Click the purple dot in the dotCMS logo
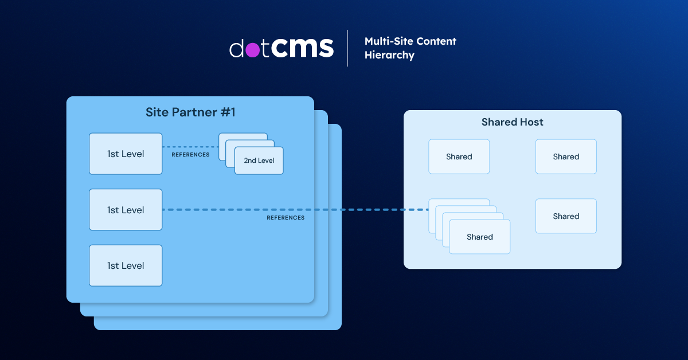pyautogui.click(x=252, y=50)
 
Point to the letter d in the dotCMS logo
pyautogui.click(x=237, y=48)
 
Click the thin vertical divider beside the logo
pyautogui.click(x=347, y=48)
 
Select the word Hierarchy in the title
pyautogui.click(x=389, y=56)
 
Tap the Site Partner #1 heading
pyautogui.click(x=190, y=112)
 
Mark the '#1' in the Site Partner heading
pyautogui.click(x=228, y=112)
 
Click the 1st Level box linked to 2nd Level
pyautogui.click(x=126, y=154)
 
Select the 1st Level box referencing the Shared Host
pyautogui.click(x=126, y=210)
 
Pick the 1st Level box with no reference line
pyautogui.click(x=126, y=265)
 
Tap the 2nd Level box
pyautogui.click(x=259, y=161)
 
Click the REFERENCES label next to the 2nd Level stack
pyautogui.click(x=190, y=155)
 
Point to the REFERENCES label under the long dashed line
pyautogui.click(x=286, y=218)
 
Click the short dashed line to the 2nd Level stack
pyautogui.click(x=189, y=147)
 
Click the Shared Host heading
pyautogui.click(x=513, y=122)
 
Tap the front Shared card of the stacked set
pyautogui.click(x=480, y=237)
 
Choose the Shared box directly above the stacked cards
pyautogui.click(x=459, y=156)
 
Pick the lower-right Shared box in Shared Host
pyautogui.click(x=566, y=216)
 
